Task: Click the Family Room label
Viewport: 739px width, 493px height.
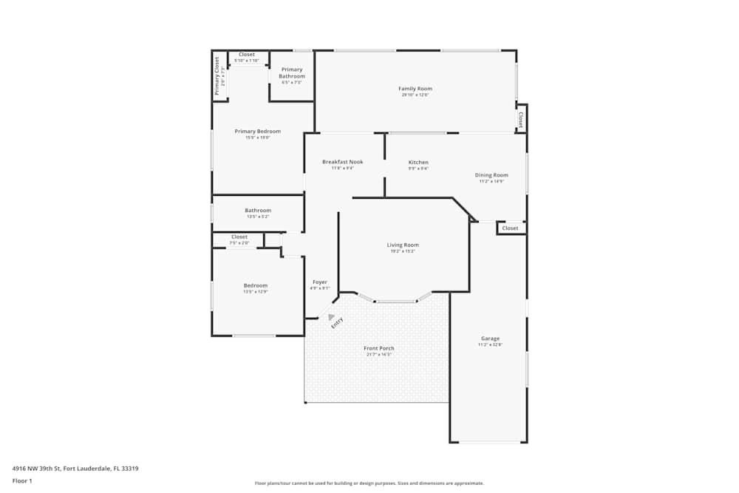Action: [415, 89]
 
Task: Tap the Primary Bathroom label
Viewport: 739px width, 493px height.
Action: [292, 72]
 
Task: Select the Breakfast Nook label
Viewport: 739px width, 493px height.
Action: [343, 162]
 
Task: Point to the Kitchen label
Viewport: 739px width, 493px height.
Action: [418, 163]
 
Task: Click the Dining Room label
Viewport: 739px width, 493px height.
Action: [491, 175]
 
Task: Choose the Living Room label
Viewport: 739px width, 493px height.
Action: [403, 245]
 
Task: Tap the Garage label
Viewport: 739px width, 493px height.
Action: [489, 339]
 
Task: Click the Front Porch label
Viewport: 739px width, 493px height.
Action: [378, 348]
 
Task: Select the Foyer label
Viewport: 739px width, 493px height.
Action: [320, 282]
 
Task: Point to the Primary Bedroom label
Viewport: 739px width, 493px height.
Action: [258, 132]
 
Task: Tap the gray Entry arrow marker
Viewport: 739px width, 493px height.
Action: [331, 316]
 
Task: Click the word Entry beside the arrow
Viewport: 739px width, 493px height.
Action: [338, 322]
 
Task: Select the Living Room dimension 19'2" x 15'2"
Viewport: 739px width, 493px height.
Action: [403, 251]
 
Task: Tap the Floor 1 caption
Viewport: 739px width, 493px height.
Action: [22, 480]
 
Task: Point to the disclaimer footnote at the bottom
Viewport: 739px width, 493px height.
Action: [369, 483]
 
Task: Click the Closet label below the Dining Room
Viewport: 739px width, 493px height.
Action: [510, 228]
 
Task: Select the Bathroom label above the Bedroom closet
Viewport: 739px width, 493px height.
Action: [258, 211]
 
